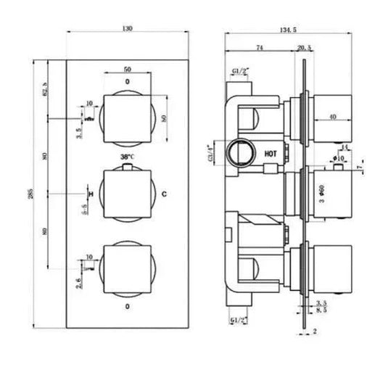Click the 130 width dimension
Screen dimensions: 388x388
(x=128, y=28)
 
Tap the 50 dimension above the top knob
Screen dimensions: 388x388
(x=128, y=69)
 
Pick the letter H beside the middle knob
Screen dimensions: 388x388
(x=90, y=194)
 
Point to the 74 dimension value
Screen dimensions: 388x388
(x=259, y=47)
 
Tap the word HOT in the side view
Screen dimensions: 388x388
(x=271, y=154)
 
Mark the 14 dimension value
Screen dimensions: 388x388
(x=344, y=147)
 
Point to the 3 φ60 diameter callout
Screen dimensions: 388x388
(x=323, y=194)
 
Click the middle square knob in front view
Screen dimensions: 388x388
(x=128, y=194)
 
